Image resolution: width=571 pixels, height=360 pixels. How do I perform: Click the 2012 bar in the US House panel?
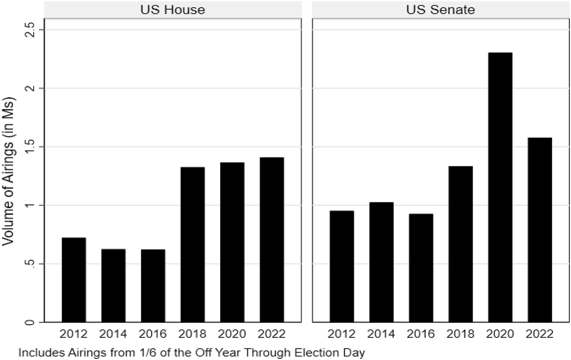pos(74,280)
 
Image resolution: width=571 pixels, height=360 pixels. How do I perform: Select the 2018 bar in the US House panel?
pos(193,245)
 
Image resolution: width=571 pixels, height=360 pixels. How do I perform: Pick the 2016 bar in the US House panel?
pos(153,286)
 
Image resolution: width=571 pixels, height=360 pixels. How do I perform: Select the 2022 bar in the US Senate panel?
pos(539,230)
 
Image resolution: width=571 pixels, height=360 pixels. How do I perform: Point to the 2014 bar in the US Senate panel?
pos(381,262)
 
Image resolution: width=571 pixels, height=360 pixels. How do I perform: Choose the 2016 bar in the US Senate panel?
pos(421,268)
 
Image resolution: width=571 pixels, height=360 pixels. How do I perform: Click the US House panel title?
pos(172,9)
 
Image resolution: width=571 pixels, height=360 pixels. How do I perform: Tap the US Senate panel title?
pos(441,9)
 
